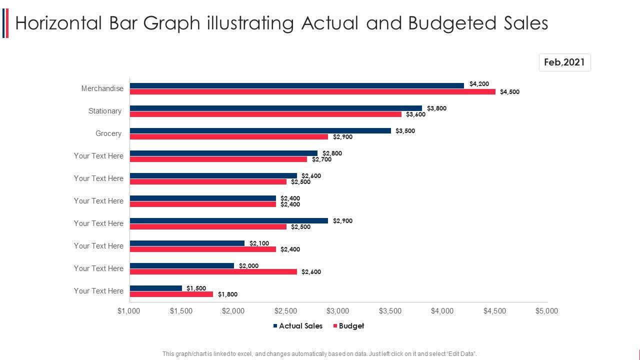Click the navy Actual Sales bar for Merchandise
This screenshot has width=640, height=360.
[x=297, y=85]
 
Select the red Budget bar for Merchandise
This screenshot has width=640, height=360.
[x=312, y=91]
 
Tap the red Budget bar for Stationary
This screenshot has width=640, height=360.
[x=265, y=114]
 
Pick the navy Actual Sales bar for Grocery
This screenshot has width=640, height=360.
[x=260, y=130]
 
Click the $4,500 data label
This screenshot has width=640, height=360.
[x=509, y=92]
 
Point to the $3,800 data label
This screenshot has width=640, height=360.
[x=436, y=108]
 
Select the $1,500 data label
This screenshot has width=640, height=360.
[x=196, y=288]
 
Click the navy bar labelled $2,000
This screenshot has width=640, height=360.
[x=182, y=265]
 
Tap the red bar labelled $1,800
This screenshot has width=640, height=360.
[x=171, y=294]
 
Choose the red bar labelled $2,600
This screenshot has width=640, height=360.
[x=213, y=271]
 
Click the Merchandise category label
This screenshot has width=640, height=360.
[x=102, y=88]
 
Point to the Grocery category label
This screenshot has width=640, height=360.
[x=108, y=133]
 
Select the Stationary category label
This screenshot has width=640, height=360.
[x=105, y=111]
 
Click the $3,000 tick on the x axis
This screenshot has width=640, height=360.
[x=338, y=311]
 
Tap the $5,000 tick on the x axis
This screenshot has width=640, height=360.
[x=546, y=311]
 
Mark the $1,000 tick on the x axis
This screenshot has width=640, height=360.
[x=129, y=311]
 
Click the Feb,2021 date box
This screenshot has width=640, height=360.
[x=564, y=62]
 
